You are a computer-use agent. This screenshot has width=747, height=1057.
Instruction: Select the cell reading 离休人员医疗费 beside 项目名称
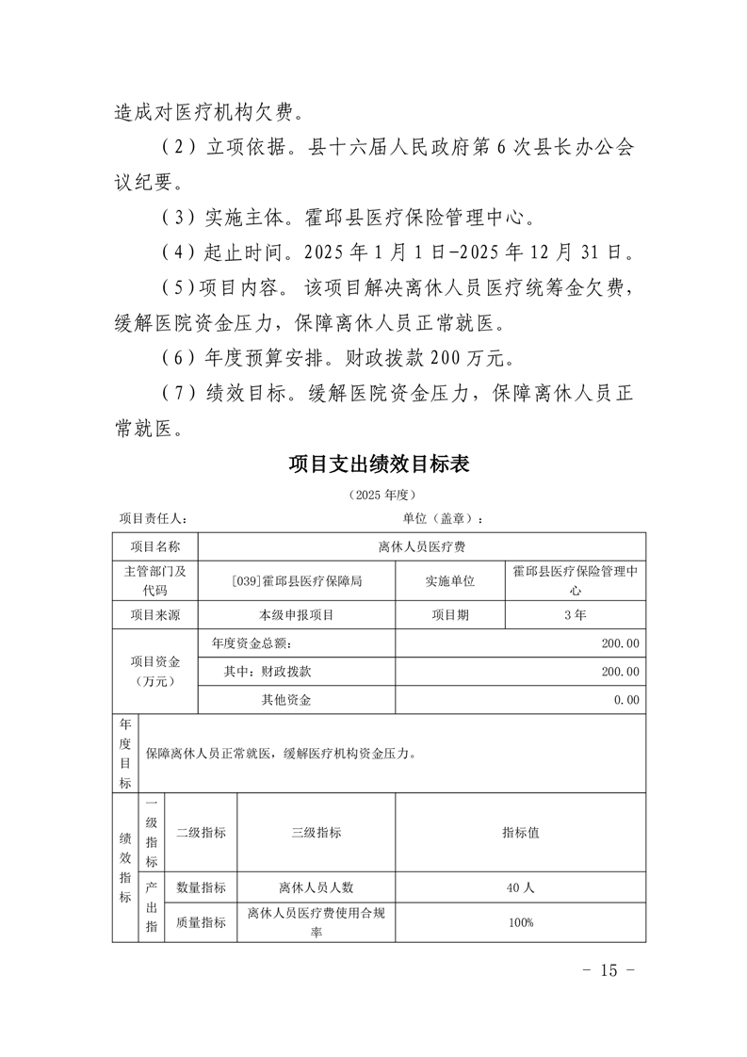click(422, 546)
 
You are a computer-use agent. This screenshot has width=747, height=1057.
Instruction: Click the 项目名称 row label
click(154, 546)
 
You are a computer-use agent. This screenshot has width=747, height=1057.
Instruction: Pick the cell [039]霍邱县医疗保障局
click(297, 581)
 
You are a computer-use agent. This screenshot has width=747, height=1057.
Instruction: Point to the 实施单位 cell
click(450, 581)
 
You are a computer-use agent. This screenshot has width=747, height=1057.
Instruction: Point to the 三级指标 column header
click(316, 833)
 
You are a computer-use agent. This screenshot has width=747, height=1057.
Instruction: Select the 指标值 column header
click(520, 833)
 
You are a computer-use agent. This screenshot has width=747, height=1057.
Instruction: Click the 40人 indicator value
click(520, 887)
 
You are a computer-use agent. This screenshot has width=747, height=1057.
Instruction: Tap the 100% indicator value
click(520, 922)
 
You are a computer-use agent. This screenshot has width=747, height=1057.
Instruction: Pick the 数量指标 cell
click(201, 887)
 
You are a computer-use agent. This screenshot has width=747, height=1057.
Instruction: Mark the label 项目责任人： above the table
click(153, 518)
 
